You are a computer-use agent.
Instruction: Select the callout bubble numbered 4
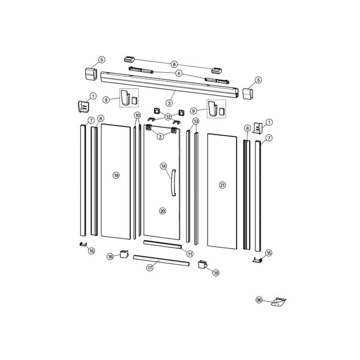179,73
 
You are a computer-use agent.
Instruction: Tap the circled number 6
174,64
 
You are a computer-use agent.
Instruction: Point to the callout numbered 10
137,115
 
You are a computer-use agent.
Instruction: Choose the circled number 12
169,117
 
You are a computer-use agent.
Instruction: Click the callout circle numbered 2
160,136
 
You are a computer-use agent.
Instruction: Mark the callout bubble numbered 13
196,121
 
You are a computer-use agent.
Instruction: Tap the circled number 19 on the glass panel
116,175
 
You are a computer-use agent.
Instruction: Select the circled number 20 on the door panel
162,211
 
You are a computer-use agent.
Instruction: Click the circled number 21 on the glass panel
222,185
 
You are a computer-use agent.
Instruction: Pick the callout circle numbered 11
189,253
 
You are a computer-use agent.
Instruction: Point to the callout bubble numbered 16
110,256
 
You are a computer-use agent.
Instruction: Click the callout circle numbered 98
259,300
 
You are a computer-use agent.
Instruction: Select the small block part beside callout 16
124,254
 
